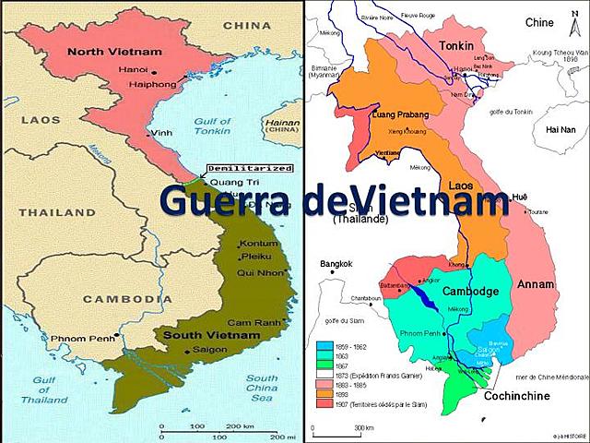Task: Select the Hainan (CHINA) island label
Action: (x=275, y=126)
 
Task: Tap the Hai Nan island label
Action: (x=560, y=130)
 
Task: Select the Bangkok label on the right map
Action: (x=336, y=265)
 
